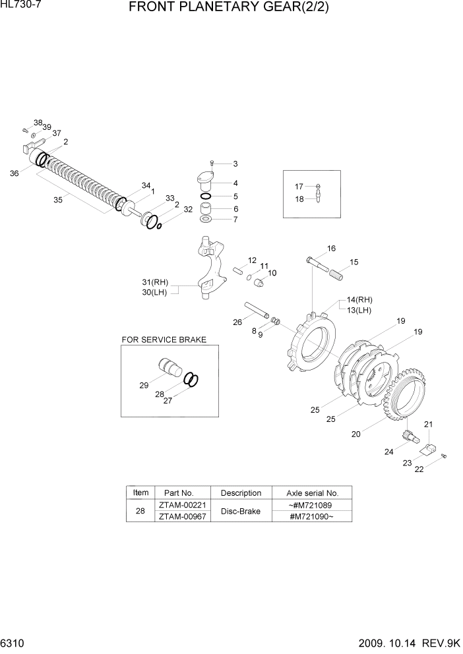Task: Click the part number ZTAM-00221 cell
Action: coord(181,505)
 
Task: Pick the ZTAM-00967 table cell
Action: coord(181,516)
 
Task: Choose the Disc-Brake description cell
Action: coord(241,511)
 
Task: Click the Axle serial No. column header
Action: coord(312,493)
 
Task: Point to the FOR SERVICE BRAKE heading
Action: coord(164,340)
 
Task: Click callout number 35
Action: coord(57,200)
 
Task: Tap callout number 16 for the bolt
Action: coord(331,249)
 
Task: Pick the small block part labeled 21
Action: coord(432,450)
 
